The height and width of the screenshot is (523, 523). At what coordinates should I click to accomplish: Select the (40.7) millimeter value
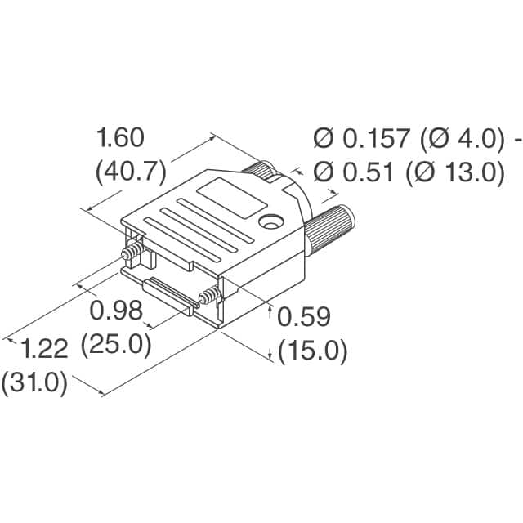coord(132,172)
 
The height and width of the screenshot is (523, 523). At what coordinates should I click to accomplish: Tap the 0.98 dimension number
coord(116,311)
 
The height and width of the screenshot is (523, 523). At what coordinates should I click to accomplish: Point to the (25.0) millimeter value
coord(116,345)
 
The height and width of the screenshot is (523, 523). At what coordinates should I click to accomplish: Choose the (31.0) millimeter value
coord(34,383)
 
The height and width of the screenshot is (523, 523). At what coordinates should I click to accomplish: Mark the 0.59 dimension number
coord(304,315)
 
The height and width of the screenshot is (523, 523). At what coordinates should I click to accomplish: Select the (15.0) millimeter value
coord(313,351)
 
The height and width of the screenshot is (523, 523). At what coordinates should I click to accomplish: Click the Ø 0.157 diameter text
coord(360,139)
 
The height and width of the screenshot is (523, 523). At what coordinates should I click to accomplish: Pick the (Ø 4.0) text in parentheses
coord(459,139)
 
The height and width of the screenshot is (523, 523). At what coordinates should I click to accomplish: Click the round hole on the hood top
coord(269,221)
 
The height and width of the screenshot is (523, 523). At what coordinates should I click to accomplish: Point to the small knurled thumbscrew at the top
coord(266,171)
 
